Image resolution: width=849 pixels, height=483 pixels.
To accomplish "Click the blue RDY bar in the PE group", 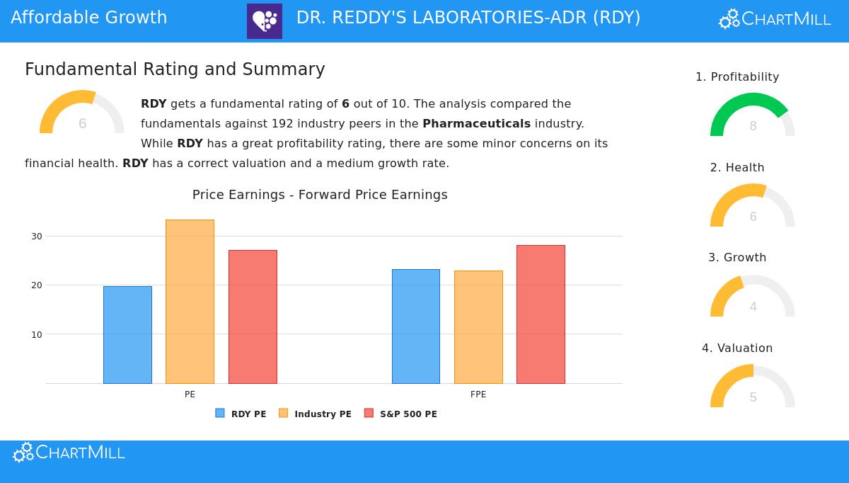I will [127, 335].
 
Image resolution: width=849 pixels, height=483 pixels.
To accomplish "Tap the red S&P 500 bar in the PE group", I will [253, 317].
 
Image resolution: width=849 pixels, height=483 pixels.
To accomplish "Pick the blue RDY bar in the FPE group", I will [416, 326].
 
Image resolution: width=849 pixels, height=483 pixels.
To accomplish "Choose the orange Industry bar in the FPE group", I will [478, 327].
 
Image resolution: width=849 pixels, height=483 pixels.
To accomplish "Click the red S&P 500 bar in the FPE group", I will [541, 314].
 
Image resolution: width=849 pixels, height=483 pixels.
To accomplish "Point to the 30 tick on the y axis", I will [37, 237].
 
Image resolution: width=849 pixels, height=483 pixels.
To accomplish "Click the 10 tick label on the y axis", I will [37, 335].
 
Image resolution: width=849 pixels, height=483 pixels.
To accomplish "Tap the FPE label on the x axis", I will [478, 394].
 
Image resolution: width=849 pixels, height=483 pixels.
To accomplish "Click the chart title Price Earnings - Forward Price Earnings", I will [320, 195].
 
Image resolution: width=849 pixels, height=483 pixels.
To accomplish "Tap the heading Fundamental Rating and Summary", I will [175, 69].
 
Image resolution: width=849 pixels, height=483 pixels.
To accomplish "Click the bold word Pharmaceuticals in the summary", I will [476, 124].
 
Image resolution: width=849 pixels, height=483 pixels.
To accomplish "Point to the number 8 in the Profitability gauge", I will [753, 127].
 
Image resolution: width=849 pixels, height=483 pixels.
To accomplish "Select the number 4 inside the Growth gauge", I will [753, 307].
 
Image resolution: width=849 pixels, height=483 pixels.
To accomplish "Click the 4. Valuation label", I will [737, 348].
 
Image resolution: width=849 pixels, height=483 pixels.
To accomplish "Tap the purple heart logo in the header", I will [265, 21].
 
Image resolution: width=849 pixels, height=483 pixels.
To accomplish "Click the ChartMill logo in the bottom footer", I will [69, 453].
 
